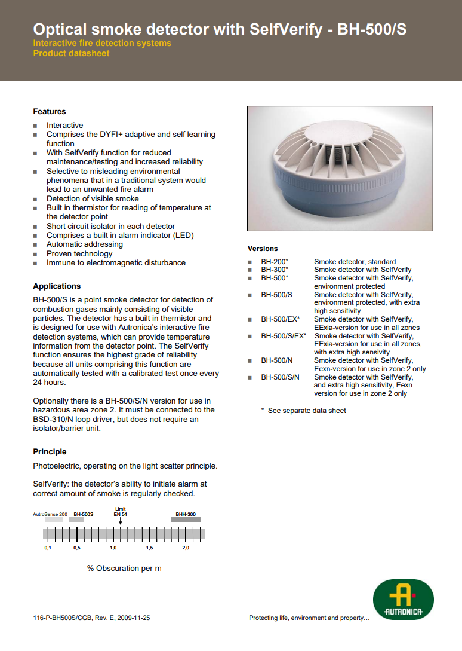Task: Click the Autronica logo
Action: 403,600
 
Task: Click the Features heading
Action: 50,112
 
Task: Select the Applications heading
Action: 57,286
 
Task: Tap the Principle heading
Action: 50,452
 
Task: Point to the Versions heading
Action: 263,249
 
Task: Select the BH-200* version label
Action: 275,262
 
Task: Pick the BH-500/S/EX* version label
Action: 284,336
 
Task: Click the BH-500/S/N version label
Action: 280,377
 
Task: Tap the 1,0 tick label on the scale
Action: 113,548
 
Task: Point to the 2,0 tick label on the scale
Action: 186,548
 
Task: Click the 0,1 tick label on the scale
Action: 48,548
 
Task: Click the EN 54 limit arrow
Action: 121,521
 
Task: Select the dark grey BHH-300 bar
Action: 186,520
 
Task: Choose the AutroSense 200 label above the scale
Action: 50,514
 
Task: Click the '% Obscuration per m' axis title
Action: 124,569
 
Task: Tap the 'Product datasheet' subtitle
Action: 71,53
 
